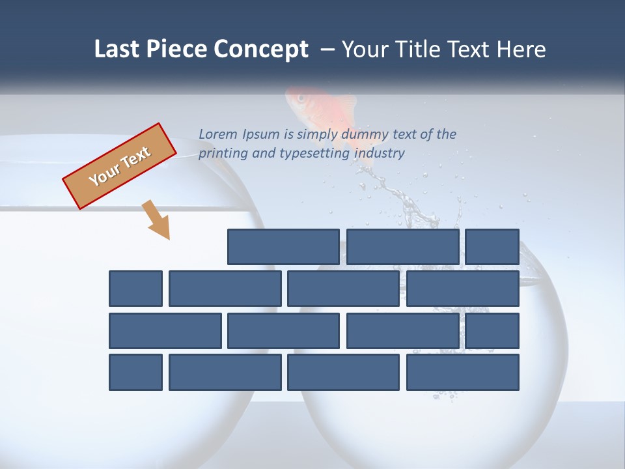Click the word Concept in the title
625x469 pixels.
point(261,50)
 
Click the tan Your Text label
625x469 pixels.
point(119,166)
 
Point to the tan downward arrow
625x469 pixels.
point(156,220)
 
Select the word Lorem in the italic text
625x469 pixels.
point(218,134)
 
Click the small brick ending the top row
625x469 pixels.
point(492,247)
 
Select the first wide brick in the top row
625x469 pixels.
point(283,247)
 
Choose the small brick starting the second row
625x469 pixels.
point(135,289)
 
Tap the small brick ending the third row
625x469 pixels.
point(492,331)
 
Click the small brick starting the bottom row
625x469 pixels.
point(135,373)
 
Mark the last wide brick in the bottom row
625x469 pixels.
point(463,373)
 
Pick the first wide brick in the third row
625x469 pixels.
point(165,331)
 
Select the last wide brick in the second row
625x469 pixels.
point(463,289)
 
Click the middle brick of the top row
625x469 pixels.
point(403,247)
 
